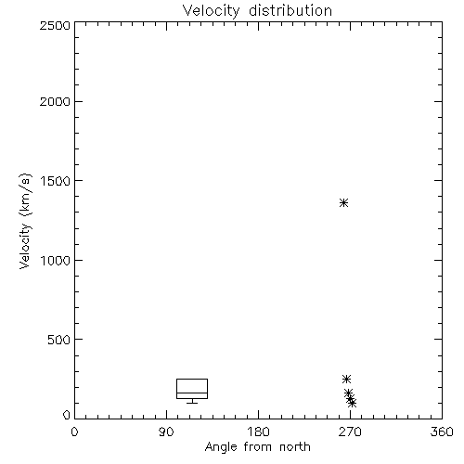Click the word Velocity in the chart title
(x=212, y=11)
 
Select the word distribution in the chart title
(x=290, y=10)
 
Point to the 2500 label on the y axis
(x=55, y=25)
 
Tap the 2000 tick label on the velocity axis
(x=55, y=101)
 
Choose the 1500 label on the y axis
(x=56, y=181)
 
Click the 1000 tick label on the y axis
(x=56, y=260)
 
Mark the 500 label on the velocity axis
(x=59, y=340)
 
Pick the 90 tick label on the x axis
(x=166, y=432)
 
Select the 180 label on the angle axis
(x=258, y=432)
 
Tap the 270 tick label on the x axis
(x=350, y=432)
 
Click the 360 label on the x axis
(x=442, y=432)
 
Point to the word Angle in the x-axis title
(x=221, y=447)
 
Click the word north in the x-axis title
(x=295, y=447)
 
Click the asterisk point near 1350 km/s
(x=343, y=203)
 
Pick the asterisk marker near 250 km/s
(x=346, y=379)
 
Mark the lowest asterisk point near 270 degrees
(x=352, y=403)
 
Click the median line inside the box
(x=192, y=393)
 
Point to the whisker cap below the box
(x=192, y=403)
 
